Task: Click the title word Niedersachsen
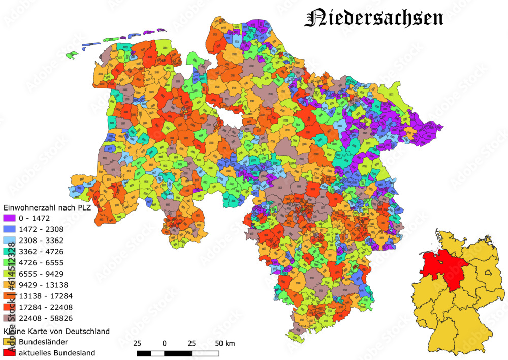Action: pos(374,18)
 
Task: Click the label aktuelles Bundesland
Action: pos(56,352)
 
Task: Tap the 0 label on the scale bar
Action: pos(165,343)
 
